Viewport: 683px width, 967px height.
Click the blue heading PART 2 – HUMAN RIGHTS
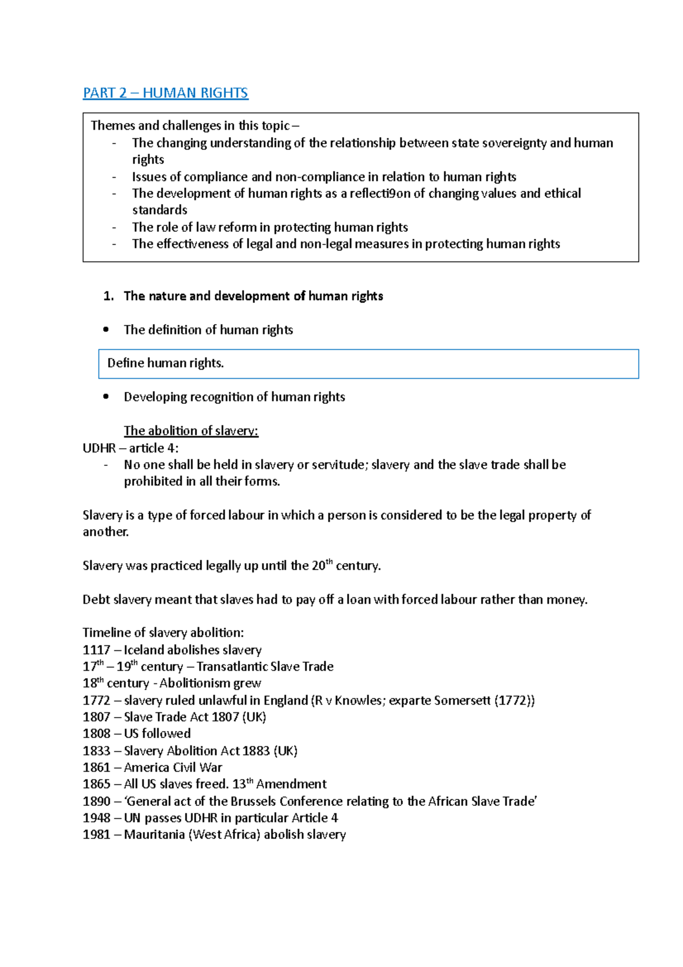point(165,93)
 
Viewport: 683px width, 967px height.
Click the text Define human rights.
point(165,363)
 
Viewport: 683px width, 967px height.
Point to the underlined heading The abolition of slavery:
point(191,431)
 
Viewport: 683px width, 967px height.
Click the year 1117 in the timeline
point(96,650)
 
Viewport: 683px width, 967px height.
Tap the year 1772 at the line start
point(96,700)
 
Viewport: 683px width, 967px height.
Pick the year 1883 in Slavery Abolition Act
point(256,751)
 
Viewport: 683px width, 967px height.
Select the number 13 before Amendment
point(239,784)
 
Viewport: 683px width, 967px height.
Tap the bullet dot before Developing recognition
point(106,397)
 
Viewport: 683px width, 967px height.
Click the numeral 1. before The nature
point(109,296)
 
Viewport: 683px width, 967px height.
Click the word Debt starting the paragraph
point(96,600)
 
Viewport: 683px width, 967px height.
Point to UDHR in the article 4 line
point(99,448)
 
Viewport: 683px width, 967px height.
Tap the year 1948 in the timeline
point(96,818)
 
